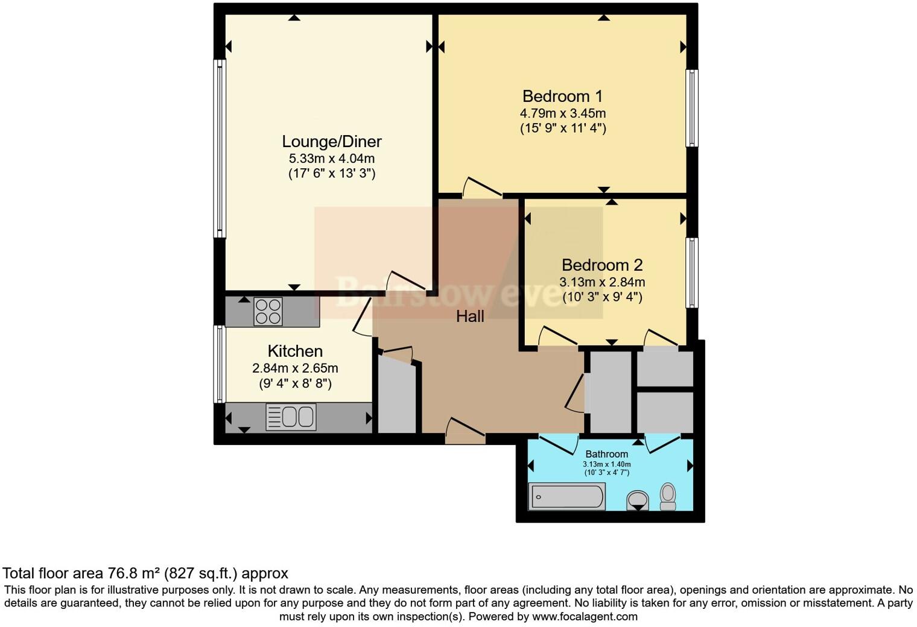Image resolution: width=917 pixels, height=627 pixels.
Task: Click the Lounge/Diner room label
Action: (x=331, y=142)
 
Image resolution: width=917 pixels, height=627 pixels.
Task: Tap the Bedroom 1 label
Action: (x=562, y=96)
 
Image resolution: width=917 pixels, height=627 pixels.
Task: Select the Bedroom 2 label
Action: (x=601, y=265)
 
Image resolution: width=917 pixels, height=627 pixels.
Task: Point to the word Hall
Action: (x=470, y=317)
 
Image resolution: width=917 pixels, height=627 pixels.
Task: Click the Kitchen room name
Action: (x=294, y=351)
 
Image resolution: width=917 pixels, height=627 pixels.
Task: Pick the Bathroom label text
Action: (x=606, y=454)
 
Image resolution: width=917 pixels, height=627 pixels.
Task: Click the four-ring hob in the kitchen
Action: (x=268, y=312)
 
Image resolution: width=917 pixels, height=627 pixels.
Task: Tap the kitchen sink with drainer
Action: (x=291, y=417)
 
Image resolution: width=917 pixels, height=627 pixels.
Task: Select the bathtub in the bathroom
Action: (x=566, y=497)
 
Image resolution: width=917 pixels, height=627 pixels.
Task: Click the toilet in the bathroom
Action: (x=668, y=496)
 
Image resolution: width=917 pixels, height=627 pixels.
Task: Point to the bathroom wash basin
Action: (x=638, y=500)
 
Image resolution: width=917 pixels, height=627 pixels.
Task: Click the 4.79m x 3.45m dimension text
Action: (x=562, y=113)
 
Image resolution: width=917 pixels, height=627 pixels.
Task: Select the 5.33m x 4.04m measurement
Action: (x=331, y=159)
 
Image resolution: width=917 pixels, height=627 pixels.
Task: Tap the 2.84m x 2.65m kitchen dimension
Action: (x=294, y=368)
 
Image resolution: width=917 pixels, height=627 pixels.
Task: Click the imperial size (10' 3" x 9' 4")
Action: (x=601, y=297)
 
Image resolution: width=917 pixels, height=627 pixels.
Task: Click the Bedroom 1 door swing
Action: (x=481, y=187)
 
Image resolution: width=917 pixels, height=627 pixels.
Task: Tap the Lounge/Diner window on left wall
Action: (x=220, y=148)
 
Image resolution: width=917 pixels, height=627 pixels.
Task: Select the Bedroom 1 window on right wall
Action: (x=692, y=108)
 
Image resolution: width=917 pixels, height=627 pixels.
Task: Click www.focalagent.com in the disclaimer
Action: (x=584, y=617)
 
